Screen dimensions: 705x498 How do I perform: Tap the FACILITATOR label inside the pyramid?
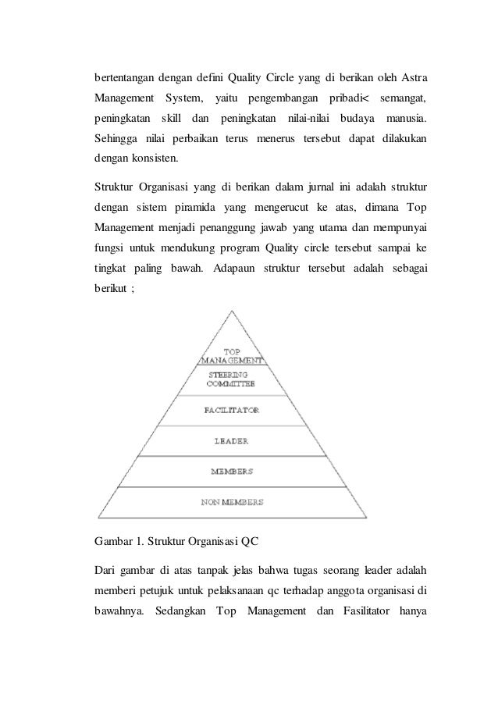[231, 409]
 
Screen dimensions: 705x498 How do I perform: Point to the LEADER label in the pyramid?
[231, 441]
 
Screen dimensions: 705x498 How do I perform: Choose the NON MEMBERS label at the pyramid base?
[231, 501]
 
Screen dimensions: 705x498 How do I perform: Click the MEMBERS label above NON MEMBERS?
[231, 472]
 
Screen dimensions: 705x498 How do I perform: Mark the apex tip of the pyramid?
[231, 310]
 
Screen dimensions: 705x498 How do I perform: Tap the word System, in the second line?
[181, 99]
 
